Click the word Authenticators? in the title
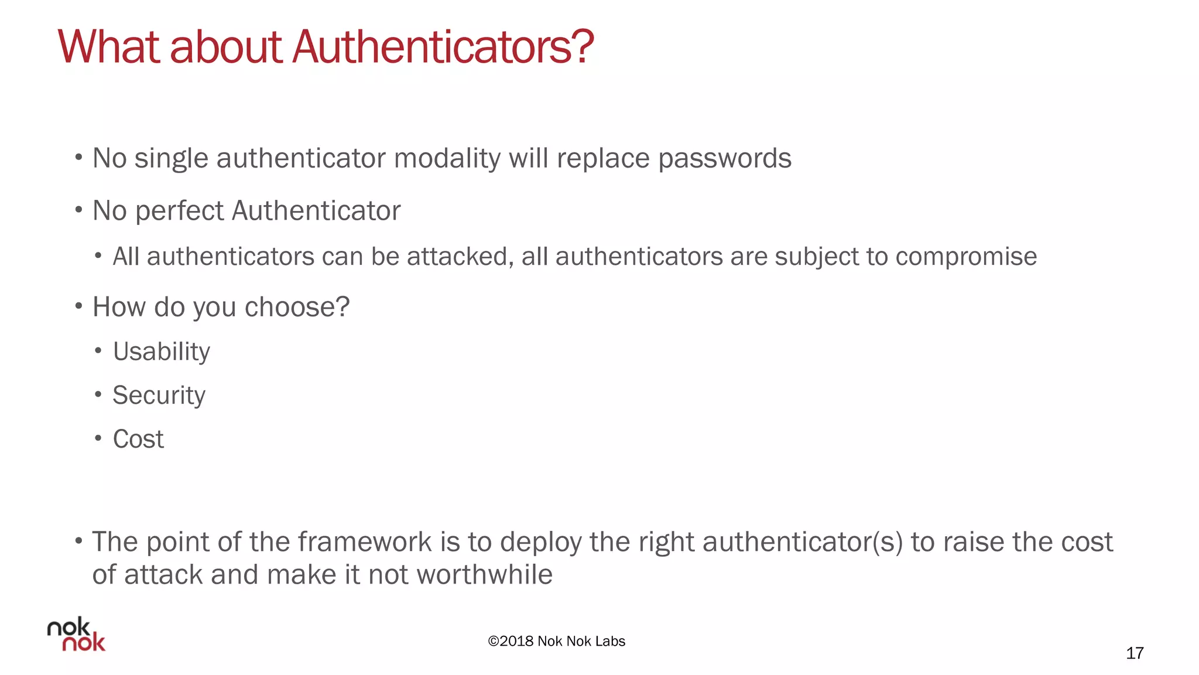443,47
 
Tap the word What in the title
109,47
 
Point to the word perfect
180,211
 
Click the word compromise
966,257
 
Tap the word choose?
297,307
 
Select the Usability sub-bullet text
162,352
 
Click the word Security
159,396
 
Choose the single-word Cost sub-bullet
138,439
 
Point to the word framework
365,542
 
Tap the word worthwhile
485,575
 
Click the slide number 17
1135,653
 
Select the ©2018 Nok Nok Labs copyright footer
557,641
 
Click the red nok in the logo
84,643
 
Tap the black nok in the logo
68,628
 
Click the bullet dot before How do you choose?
78,306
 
